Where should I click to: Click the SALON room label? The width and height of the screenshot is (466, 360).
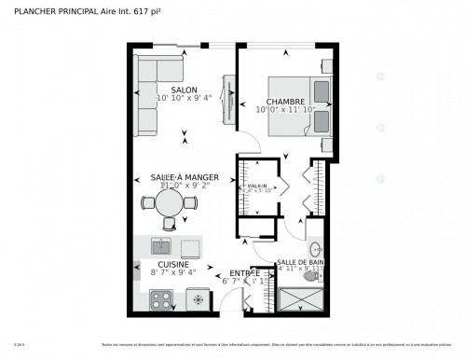(184, 90)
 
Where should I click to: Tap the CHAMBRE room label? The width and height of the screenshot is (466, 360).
(285, 101)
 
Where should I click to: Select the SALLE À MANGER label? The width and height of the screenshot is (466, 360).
(185, 176)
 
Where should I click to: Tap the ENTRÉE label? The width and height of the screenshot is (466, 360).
(244, 273)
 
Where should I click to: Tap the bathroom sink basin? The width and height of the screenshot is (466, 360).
(316, 249)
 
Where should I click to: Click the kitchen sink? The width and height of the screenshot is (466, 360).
(161, 246)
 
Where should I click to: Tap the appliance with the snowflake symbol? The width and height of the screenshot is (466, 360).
(197, 299)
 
